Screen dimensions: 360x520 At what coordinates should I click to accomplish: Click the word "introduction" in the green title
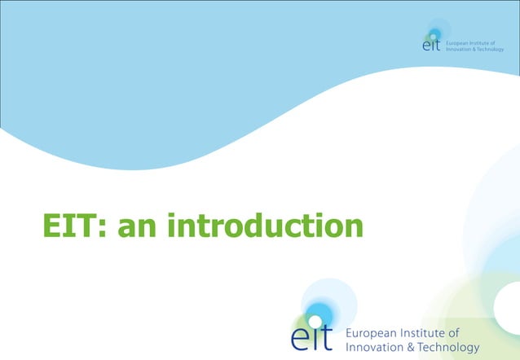265,226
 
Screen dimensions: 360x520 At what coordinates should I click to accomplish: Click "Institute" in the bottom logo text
430,333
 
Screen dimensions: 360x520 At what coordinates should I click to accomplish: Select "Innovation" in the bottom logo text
380,348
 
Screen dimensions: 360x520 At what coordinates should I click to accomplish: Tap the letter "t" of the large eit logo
328,336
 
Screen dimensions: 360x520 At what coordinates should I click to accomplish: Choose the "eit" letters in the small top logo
432,46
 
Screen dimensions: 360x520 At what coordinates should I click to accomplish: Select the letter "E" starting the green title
52,226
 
